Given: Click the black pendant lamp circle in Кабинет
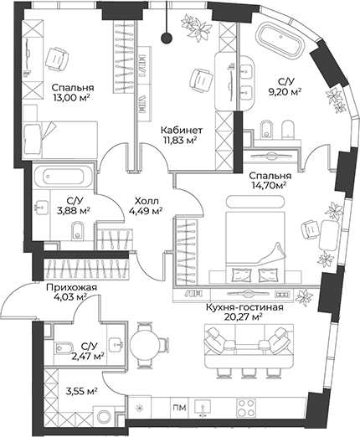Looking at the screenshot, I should (168, 37).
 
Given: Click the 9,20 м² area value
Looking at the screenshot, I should (285, 94).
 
